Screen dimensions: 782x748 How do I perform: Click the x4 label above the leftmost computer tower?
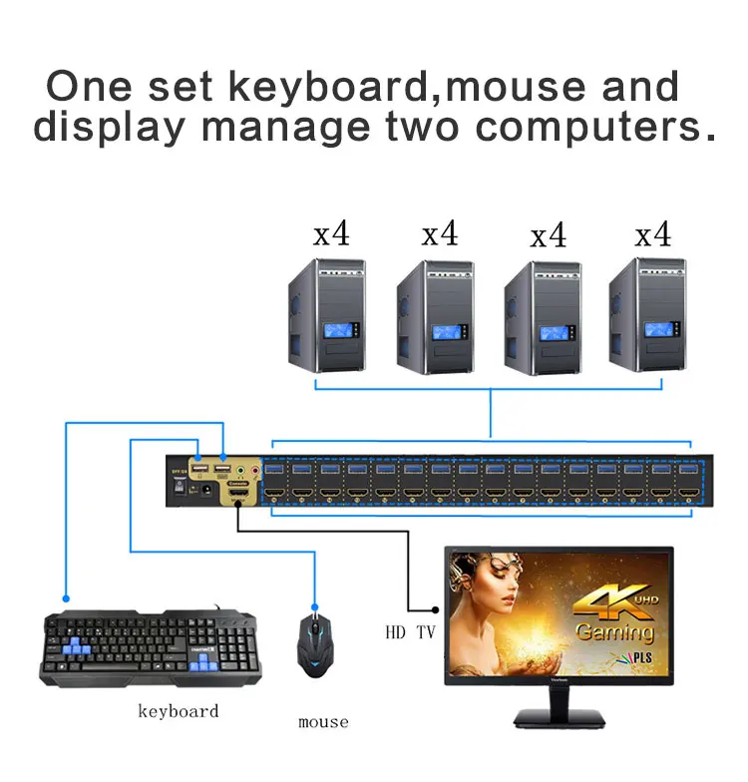332,235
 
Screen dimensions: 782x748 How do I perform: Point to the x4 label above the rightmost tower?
653,235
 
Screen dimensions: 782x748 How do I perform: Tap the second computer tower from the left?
434,317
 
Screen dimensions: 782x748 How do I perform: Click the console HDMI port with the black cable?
240,495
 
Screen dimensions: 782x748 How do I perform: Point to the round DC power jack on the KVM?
205,489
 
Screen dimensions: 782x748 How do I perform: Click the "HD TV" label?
410,632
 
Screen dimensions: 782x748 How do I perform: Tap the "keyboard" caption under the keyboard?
178,711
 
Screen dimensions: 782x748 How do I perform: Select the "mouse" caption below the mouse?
323,721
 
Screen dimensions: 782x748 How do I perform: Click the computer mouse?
315,645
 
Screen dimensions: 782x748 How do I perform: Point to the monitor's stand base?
559,717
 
